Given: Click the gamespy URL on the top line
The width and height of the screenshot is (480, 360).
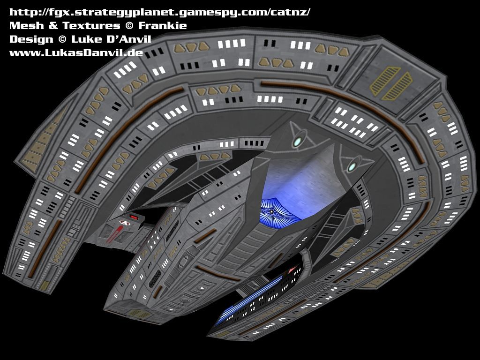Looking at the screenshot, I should click(x=159, y=12).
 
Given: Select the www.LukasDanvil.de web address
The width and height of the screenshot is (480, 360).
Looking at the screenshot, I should click(x=76, y=52).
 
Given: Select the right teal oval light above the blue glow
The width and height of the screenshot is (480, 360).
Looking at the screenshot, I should click(x=352, y=166).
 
